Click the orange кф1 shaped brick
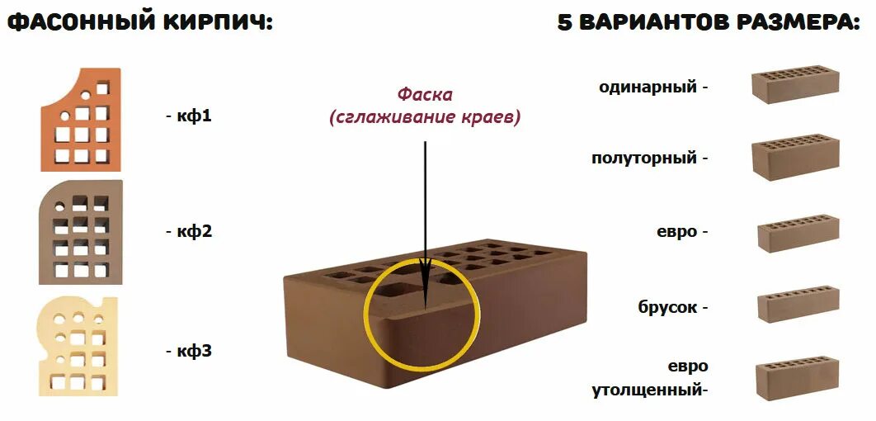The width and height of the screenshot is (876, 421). (81, 121)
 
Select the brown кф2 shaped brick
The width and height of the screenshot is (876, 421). (81, 231)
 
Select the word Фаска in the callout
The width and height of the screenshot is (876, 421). (425, 95)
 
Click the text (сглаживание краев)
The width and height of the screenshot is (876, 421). (425, 118)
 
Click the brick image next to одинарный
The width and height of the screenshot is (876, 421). (795, 85)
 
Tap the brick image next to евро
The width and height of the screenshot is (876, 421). (798, 233)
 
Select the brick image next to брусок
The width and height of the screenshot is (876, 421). (798, 306)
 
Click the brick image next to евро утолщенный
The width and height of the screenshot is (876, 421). (797, 379)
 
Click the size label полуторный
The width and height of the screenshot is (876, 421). (644, 158)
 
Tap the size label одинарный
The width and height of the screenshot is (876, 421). (648, 87)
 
